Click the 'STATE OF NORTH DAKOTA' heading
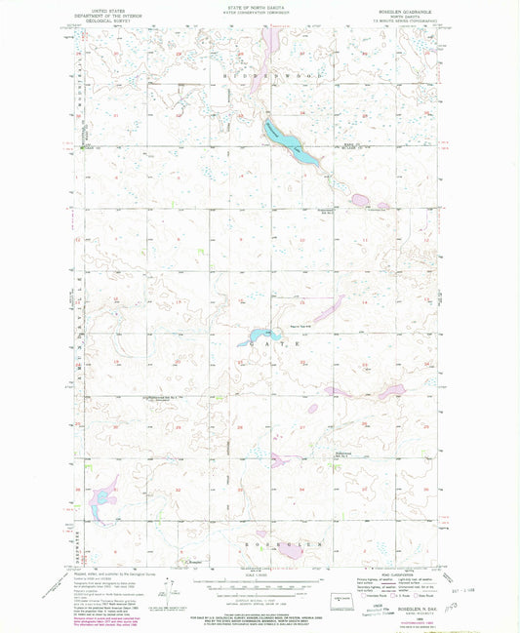260,8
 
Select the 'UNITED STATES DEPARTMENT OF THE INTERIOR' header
108,12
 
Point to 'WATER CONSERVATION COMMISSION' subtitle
260,13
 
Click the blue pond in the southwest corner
100,500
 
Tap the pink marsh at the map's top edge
272,40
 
